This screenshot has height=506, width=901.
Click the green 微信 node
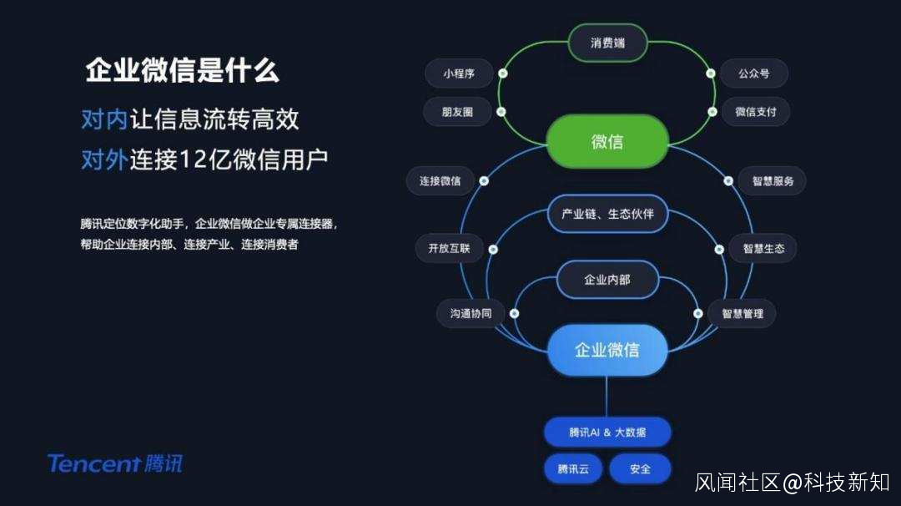(x=607, y=141)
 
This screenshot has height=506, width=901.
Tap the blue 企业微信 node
(x=607, y=350)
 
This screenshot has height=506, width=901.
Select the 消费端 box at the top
(x=607, y=43)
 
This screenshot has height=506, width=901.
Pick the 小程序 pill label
(x=459, y=73)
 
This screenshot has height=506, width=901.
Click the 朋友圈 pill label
(x=458, y=111)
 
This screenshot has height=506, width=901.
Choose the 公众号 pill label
(x=753, y=73)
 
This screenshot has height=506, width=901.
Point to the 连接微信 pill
(x=440, y=180)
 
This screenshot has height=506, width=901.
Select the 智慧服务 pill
(x=772, y=180)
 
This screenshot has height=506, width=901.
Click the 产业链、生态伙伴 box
(x=607, y=214)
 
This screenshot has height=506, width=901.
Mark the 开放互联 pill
(x=449, y=248)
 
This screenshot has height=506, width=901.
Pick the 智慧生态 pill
(x=763, y=248)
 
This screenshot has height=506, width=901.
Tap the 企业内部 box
(x=607, y=280)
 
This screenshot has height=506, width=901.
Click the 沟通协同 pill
(x=471, y=314)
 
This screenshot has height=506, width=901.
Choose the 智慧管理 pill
(x=742, y=314)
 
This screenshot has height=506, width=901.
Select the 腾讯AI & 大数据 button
(x=607, y=433)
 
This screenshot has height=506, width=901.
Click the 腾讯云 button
(x=573, y=468)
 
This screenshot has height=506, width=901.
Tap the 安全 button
(x=640, y=468)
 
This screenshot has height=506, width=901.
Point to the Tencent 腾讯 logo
(x=114, y=463)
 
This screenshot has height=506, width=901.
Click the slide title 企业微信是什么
(x=182, y=72)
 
